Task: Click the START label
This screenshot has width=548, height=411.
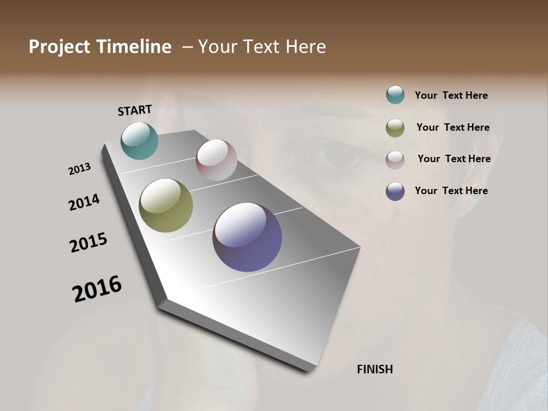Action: (135, 110)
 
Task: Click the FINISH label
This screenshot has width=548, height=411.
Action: (374, 369)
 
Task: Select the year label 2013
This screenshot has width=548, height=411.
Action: (80, 169)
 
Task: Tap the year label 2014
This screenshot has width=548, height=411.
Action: (84, 203)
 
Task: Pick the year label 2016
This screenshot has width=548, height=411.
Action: (97, 289)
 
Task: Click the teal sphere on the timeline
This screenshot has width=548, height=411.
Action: (139, 140)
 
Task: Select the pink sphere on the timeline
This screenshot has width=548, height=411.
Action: (216, 160)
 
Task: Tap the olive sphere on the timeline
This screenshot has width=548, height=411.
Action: (166, 205)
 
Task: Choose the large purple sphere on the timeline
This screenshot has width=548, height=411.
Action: (247, 237)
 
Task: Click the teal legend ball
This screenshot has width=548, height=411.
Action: (395, 95)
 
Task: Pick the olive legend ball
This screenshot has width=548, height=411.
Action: (395, 128)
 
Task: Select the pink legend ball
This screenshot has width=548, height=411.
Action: (395, 159)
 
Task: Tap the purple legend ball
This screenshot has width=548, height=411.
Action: (395, 191)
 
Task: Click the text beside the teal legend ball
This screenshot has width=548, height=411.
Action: (451, 95)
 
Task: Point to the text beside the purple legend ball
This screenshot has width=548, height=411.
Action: (451, 191)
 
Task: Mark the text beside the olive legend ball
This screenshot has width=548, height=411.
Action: (453, 127)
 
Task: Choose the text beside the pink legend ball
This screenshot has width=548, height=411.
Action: (454, 159)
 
